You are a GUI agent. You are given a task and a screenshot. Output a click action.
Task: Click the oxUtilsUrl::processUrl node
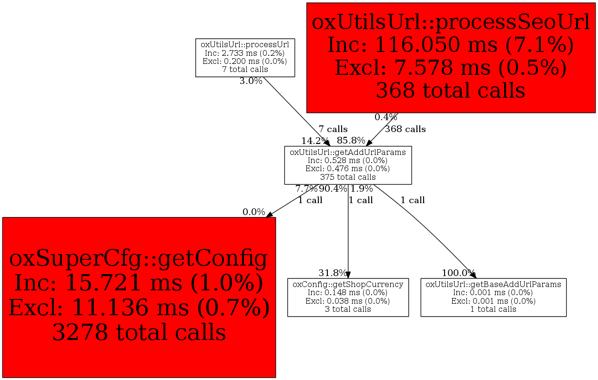(245, 57)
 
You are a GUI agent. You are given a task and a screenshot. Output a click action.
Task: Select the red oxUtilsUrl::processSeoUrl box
(451, 57)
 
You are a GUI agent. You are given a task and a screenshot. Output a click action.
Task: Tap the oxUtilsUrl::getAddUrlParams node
(348, 165)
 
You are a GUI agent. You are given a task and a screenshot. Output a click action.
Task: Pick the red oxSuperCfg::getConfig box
(139, 297)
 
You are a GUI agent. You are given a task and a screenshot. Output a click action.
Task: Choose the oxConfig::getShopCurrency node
(348, 297)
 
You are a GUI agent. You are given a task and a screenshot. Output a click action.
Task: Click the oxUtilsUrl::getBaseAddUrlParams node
(493, 297)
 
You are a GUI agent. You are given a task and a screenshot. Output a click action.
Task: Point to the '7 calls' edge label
(333, 129)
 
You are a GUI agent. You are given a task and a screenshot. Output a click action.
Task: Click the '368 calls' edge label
(405, 129)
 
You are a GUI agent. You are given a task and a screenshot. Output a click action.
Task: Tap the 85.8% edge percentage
(351, 141)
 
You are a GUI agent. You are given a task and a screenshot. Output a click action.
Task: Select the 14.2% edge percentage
(315, 141)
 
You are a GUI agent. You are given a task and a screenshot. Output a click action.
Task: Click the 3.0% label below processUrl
(251, 81)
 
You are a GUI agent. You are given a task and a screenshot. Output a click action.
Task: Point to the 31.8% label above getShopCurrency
(333, 273)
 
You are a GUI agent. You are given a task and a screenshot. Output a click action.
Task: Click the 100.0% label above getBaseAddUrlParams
(458, 273)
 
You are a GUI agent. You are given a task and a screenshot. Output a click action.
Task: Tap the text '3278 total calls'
(139, 333)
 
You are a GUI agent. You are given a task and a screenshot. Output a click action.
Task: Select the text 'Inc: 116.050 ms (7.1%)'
(451, 45)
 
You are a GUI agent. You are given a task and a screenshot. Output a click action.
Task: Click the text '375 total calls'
(348, 177)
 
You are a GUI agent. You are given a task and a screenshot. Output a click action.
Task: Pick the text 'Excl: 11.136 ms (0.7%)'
(139, 308)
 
